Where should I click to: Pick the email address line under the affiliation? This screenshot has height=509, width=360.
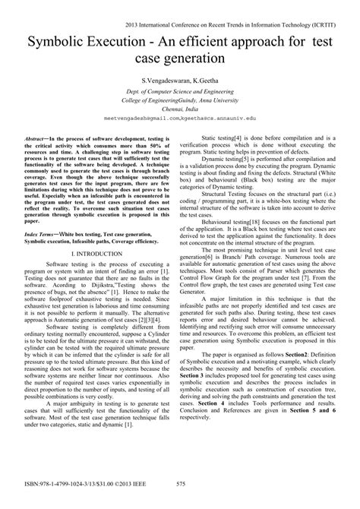(180, 119)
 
